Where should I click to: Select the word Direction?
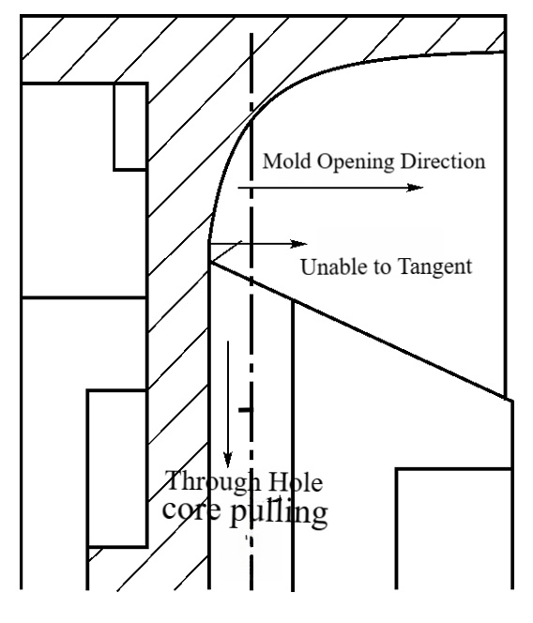443,161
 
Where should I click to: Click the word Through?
213,481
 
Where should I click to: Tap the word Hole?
296,482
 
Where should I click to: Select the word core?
191,509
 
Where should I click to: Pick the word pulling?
279,512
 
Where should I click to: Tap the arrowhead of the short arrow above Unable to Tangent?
299,244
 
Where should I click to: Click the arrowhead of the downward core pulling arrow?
228,460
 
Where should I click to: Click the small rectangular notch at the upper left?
130,127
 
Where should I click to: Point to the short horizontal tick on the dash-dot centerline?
245,410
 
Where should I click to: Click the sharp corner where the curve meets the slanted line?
210,262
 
